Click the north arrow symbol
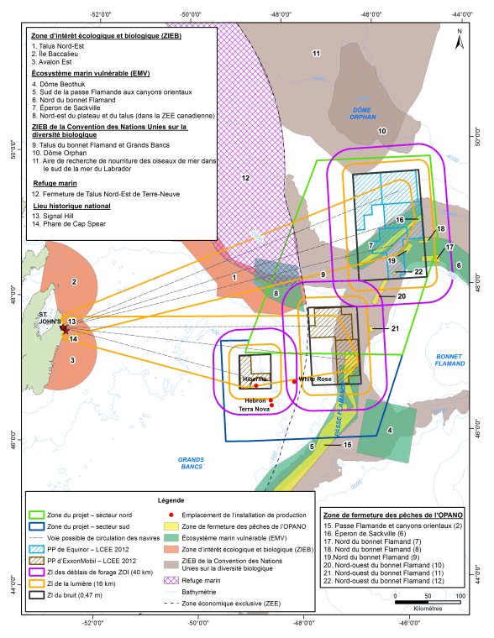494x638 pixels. pyautogui.click(x=460, y=37)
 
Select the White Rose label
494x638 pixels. pyautogui.click(x=318, y=379)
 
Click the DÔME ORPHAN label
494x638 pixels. pyautogui.click(x=364, y=115)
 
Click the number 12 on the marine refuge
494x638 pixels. pyautogui.click(x=245, y=178)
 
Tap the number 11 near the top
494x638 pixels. pyautogui.click(x=317, y=54)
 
